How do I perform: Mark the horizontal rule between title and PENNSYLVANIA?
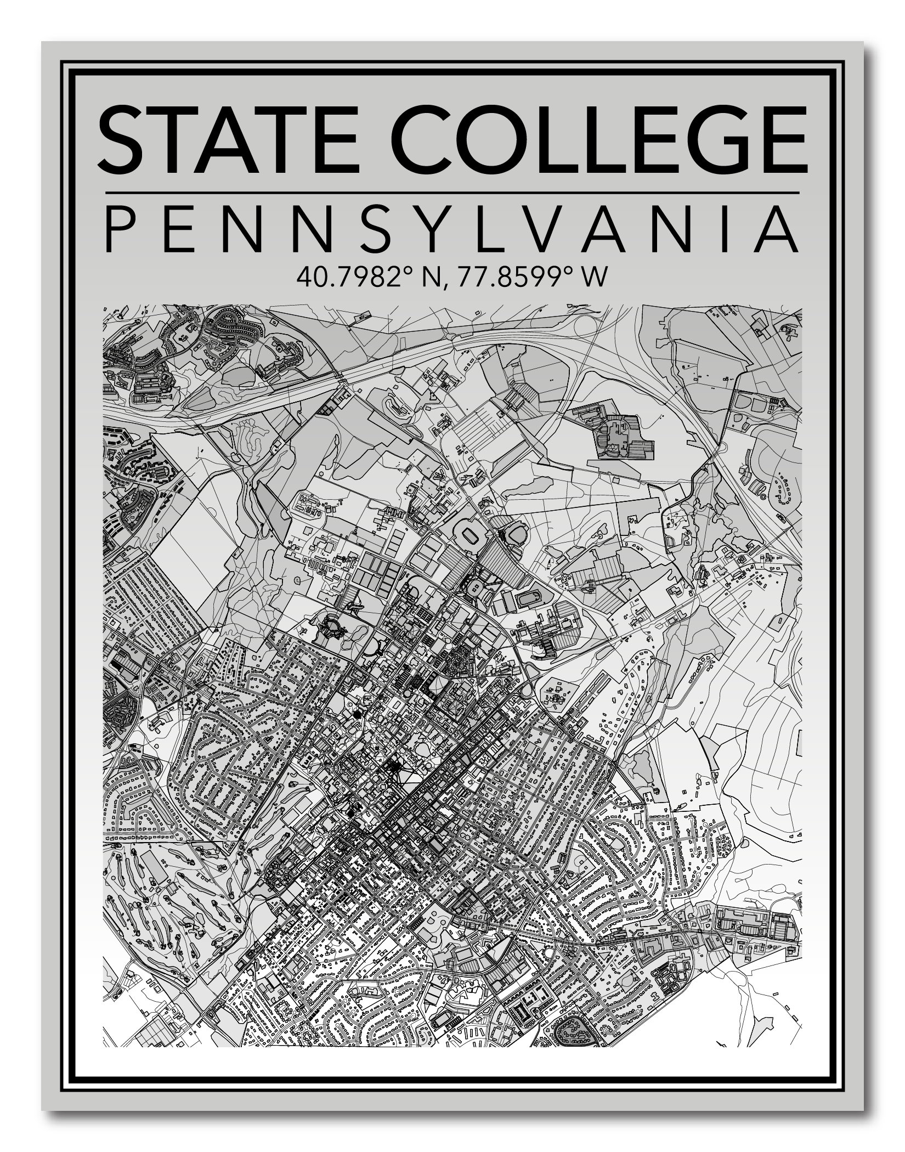tap(451, 193)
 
